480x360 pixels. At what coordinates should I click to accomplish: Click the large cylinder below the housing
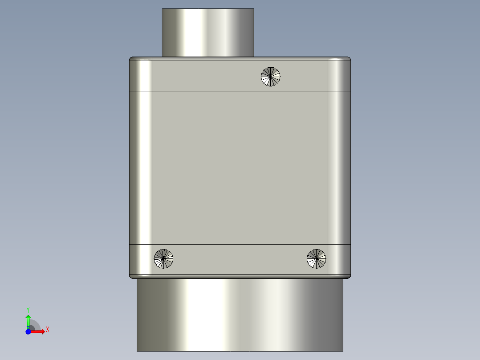(240, 314)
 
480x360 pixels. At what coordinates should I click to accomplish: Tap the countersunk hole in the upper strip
(271, 76)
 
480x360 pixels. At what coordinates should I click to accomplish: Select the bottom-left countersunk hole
(163, 258)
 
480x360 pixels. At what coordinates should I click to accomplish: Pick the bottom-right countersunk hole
(317, 258)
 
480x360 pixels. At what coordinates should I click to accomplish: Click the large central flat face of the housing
(240, 168)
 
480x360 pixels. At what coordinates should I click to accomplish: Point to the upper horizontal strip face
(205, 74)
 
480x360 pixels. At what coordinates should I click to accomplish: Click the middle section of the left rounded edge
(141, 168)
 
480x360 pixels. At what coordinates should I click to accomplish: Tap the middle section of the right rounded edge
(339, 168)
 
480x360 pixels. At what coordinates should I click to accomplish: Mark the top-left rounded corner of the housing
(141, 74)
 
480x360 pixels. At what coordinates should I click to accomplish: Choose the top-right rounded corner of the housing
(339, 74)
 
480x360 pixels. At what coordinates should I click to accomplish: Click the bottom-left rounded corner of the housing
(141, 261)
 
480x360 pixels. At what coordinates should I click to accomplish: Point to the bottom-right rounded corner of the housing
(339, 261)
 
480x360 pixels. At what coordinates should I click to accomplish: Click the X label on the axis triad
(48, 330)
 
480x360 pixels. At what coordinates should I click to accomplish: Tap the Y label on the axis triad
(28, 309)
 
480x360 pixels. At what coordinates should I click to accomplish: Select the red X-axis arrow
(39, 331)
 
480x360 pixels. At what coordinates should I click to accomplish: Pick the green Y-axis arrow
(28, 320)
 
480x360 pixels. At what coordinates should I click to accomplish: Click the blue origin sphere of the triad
(28, 331)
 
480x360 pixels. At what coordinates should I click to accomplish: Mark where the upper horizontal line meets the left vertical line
(152, 91)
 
